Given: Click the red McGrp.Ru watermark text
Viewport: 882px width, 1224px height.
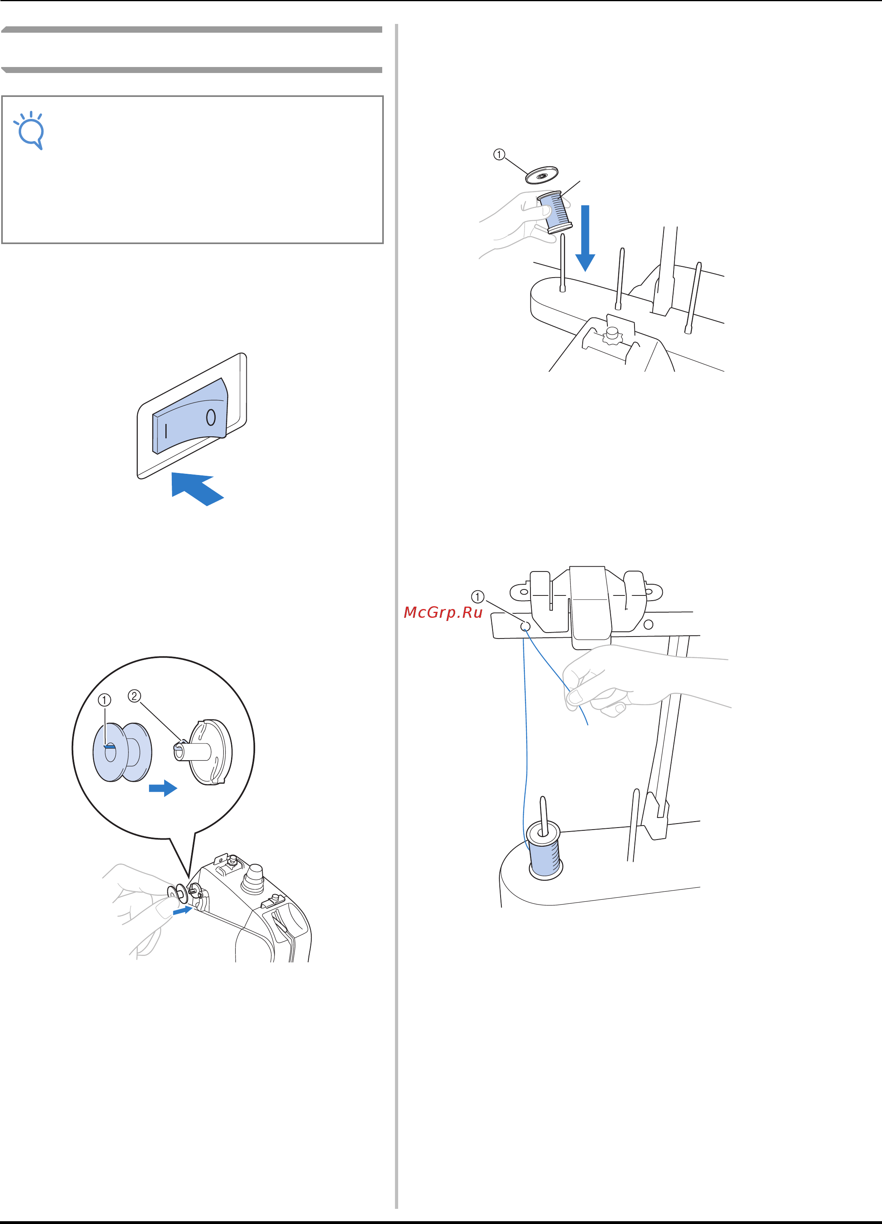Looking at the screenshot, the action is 443,613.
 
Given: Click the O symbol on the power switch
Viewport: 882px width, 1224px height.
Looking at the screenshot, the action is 211,417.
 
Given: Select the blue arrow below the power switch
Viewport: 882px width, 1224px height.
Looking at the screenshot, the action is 197,489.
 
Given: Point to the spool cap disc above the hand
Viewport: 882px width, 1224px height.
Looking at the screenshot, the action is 542,175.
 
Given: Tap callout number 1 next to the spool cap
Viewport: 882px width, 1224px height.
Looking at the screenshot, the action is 499,155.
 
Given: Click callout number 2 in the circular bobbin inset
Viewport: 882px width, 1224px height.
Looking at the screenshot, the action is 134,696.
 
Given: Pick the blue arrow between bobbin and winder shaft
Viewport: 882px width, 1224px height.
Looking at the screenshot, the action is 163,788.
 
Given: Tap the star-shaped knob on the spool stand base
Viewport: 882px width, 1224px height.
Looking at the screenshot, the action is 612,335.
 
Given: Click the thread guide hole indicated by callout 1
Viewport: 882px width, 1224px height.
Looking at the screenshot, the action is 525,627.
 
